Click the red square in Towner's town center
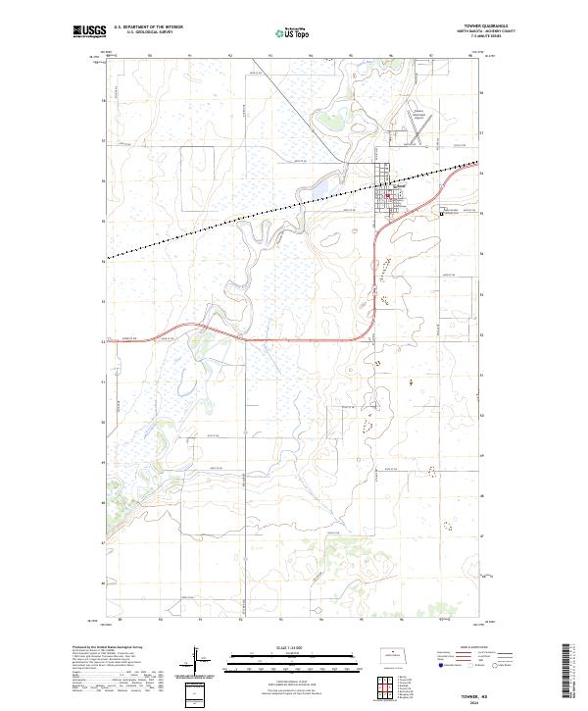[387, 194]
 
